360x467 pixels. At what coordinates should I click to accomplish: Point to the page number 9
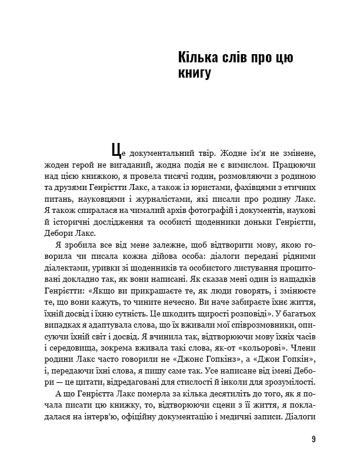[x=314, y=439]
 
